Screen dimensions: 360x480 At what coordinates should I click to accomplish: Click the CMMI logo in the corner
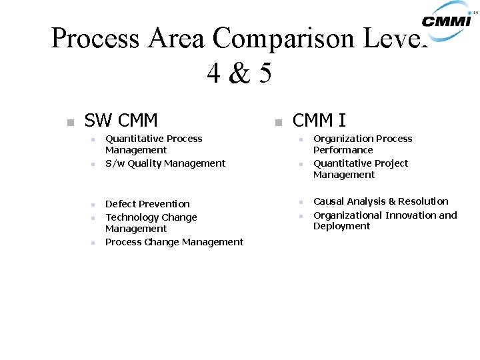tap(448, 17)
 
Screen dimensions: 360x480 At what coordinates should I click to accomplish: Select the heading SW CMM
tap(121, 121)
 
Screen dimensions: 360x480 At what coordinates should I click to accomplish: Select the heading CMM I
tap(319, 121)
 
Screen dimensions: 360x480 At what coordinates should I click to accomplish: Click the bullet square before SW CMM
tap(69, 123)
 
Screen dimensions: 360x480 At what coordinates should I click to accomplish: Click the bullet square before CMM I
tap(277, 123)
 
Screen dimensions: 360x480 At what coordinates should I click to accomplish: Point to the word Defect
tap(121, 204)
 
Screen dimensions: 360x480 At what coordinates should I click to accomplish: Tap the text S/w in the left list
tap(115, 163)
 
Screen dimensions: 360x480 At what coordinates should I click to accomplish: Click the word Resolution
tap(423, 201)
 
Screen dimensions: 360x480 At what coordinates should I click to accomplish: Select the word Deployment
tap(341, 227)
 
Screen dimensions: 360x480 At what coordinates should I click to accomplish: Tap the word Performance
tap(343, 151)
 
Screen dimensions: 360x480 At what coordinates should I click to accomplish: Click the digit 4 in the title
tap(214, 73)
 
